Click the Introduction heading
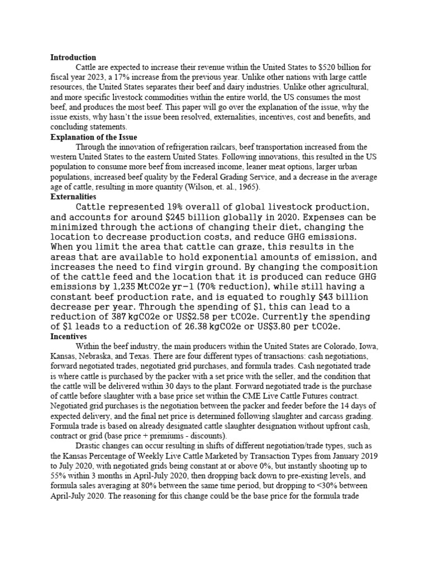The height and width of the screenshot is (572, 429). pyautogui.click(x=73, y=58)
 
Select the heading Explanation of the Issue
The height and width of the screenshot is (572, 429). pyautogui.click(x=94, y=137)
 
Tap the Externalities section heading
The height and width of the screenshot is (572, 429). pyautogui.click(x=73, y=197)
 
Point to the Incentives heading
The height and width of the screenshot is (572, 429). pyautogui.click(x=69, y=337)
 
